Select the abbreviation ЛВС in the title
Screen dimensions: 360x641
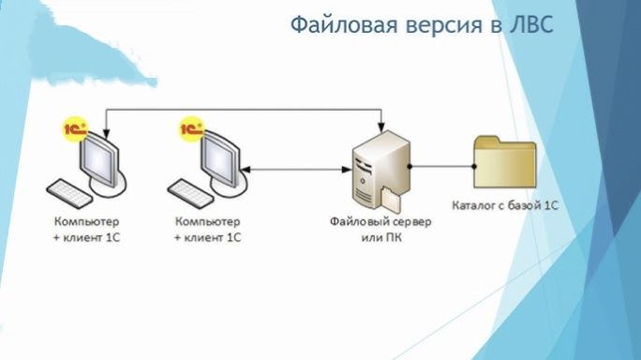click(530, 23)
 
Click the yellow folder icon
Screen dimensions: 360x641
click(504, 164)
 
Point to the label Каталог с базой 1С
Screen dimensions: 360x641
click(504, 203)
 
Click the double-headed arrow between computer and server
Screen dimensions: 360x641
click(291, 170)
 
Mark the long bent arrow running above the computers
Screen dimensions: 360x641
click(244, 110)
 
